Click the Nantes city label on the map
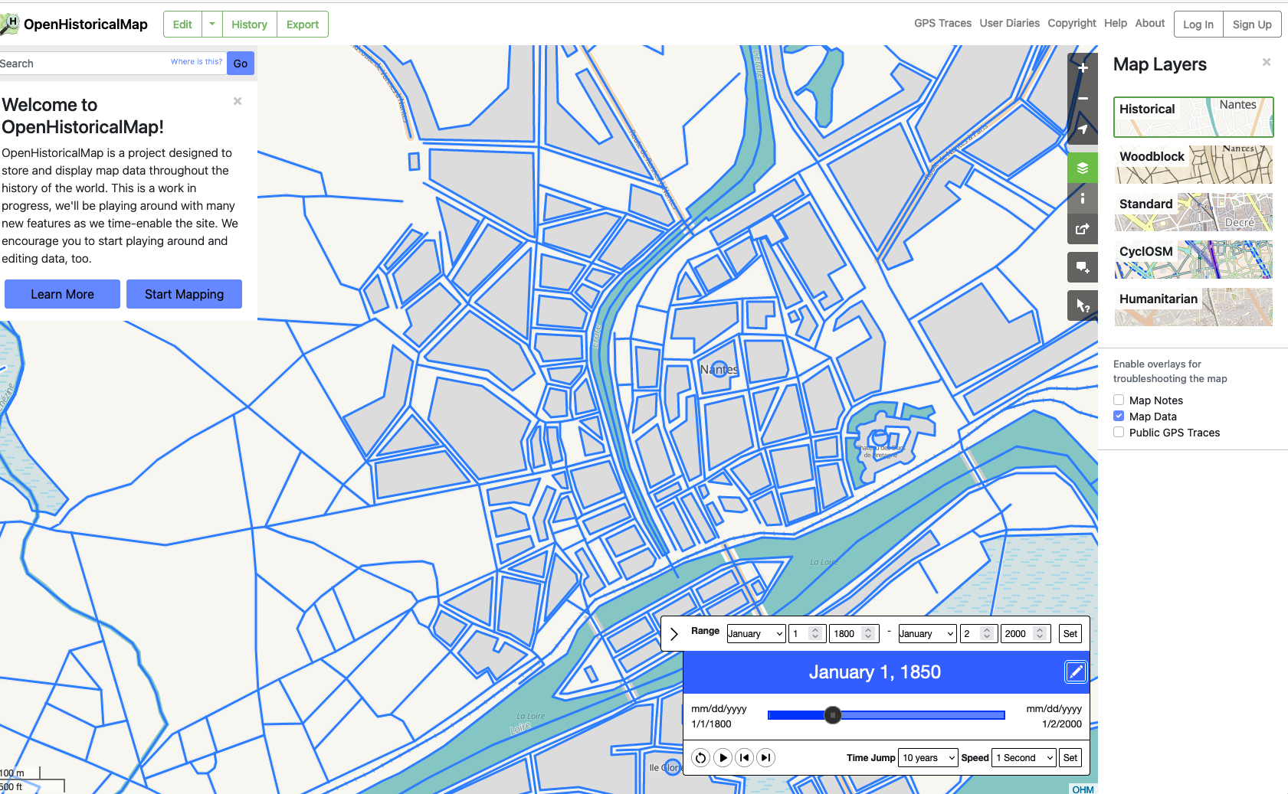tap(719, 370)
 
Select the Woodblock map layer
tap(1193, 165)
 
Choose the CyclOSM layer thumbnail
tap(1193, 260)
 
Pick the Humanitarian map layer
tap(1193, 307)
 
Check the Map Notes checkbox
tap(1119, 400)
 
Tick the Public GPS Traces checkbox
tap(1119, 433)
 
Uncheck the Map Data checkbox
tap(1119, 417)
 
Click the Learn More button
tap(62, 294)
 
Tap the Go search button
tap(241, 64)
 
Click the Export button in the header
tap(302, 25)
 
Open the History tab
tap(249, 25)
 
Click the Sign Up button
tap(1251, 25)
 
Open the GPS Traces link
tap(942, 24)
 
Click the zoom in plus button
tap(1083, 68)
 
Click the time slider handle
tap(833, 715)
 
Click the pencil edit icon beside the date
tap(1076, 672)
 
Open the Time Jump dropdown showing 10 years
tap(928, 758)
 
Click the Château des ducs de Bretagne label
tap(881, 451)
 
